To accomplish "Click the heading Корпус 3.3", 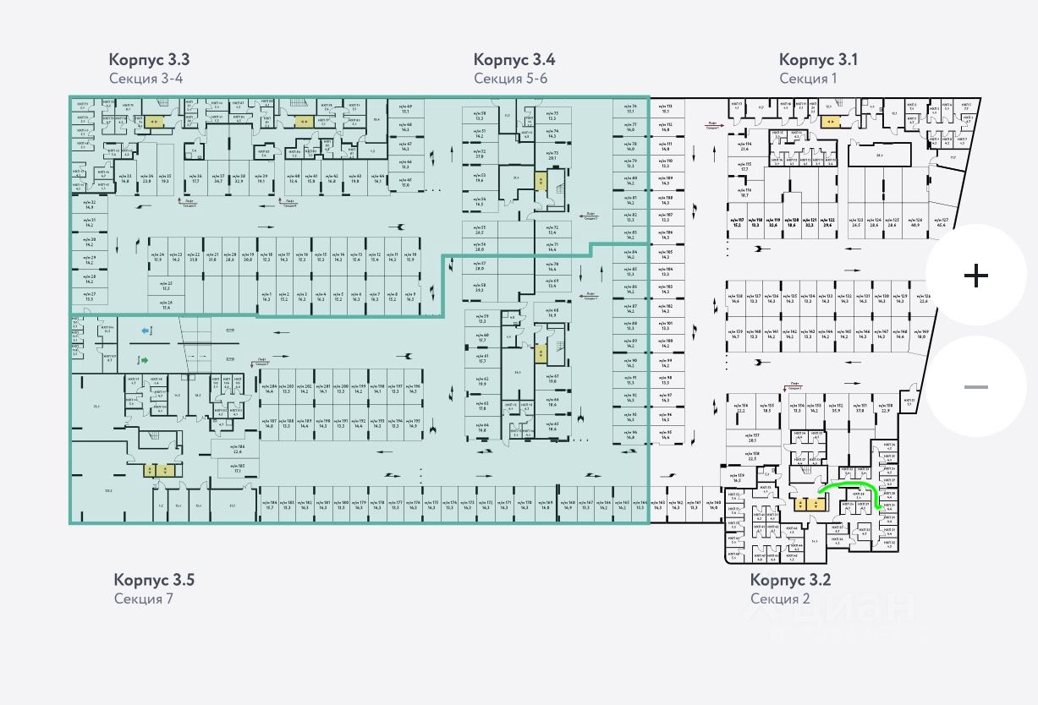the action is click(149, 60).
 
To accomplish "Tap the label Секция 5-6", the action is click(511, 79).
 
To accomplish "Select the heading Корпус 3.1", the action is click(818, 60).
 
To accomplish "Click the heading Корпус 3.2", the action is click(790, 580).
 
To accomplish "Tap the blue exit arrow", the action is click(145, 331).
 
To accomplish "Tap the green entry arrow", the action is click(145, 360).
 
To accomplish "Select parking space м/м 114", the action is click(744, 146).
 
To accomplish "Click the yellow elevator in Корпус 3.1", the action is click(829, 122).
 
